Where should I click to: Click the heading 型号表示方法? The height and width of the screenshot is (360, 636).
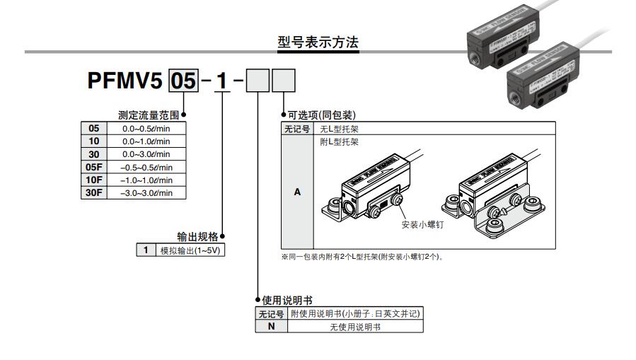point(318,43)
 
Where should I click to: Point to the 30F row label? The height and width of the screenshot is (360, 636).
point(94,193)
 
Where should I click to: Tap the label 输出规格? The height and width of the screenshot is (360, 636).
point(197,237)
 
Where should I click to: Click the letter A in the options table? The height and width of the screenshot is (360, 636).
point(296,192)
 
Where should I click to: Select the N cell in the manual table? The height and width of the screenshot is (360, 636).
point(271,327)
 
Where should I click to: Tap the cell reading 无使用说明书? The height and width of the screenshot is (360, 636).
point(355,327)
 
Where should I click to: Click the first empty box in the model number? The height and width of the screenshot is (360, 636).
point(259,81)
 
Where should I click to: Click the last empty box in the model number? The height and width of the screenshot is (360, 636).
point(284,81)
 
